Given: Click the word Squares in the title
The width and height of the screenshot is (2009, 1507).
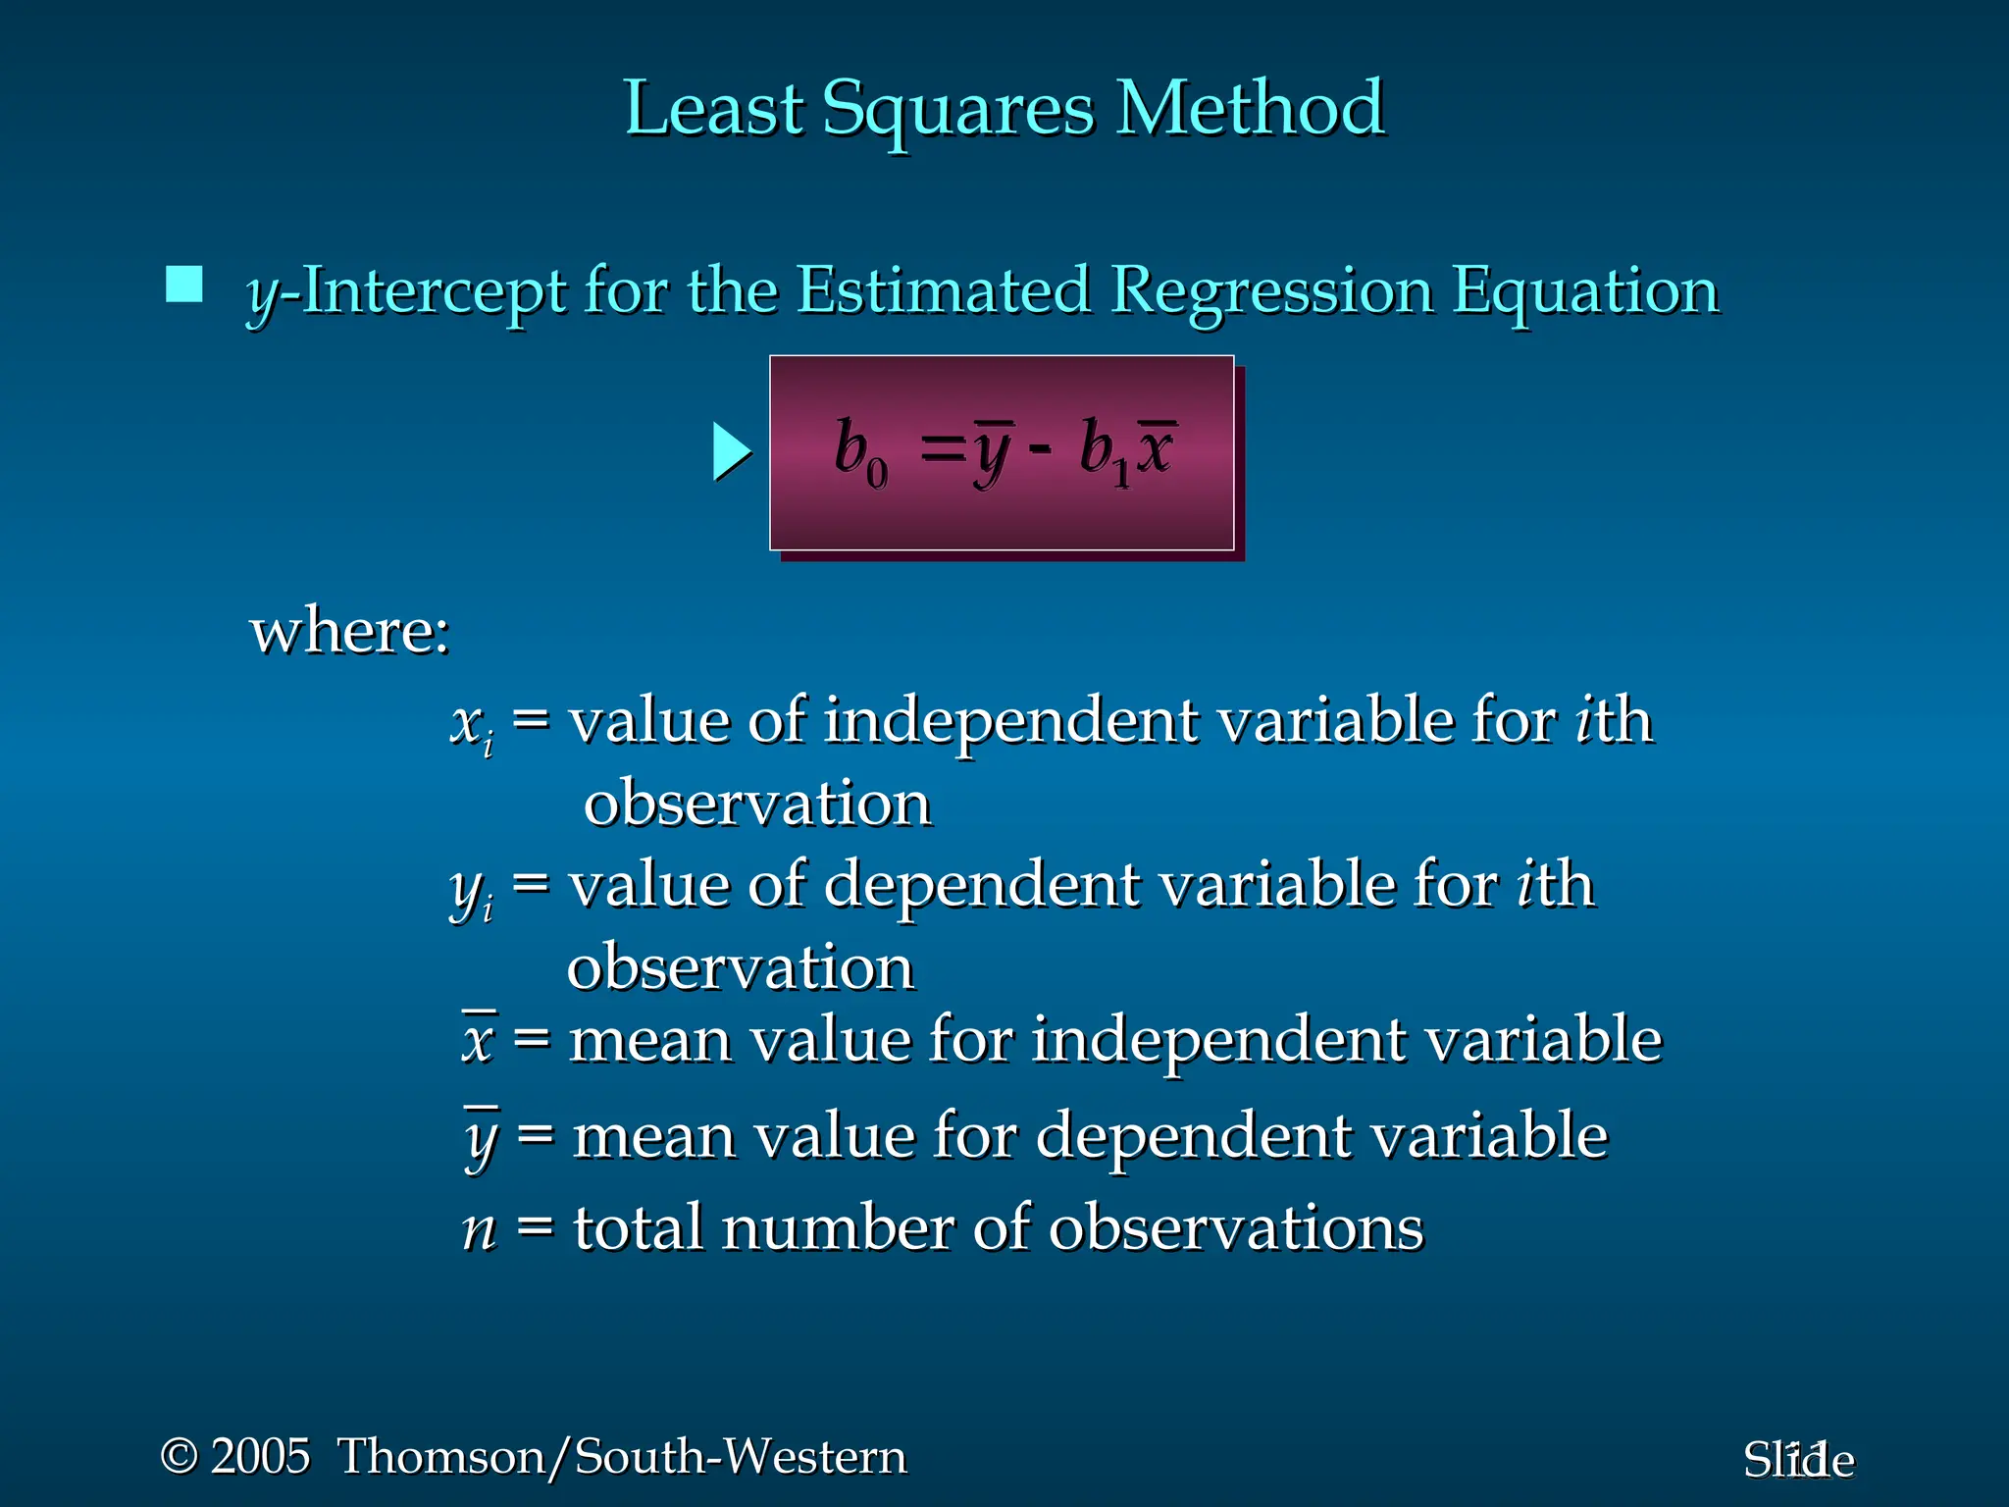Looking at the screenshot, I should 957,110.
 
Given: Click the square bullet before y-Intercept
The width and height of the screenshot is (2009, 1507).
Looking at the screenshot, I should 184,285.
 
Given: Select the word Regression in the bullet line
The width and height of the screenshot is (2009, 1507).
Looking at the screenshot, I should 1271,292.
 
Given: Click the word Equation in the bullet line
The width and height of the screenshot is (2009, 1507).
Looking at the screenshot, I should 1584,292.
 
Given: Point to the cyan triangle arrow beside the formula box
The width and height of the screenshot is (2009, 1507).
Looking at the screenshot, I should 730,452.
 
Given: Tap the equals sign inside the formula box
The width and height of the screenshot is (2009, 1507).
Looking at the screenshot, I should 942,450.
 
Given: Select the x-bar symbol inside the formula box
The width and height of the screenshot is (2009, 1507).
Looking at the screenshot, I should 1156,449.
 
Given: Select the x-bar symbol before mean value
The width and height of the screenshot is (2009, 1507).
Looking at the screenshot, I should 479,1038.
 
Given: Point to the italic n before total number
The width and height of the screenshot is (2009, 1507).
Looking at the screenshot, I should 480,1228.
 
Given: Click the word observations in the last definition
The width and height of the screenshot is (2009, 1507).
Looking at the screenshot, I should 1235,1228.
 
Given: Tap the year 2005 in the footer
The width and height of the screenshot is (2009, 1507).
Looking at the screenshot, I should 260,1456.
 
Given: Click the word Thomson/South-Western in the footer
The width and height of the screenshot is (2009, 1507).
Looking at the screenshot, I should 622,1456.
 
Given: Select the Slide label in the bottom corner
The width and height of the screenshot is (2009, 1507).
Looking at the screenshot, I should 1797,1460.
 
